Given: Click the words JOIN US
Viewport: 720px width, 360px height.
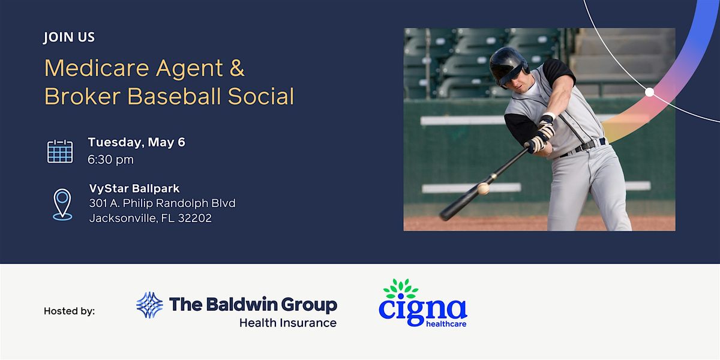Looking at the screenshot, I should click(x=69, y=37).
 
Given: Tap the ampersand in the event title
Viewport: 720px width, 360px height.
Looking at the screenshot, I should click(x=236, y=68).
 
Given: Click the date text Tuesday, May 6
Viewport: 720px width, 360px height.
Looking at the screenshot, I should click(x=136, y=142).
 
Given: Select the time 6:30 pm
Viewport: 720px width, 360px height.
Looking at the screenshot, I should click(x=111, y=160).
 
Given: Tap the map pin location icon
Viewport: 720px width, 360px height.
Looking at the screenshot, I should click(x=62, y=204).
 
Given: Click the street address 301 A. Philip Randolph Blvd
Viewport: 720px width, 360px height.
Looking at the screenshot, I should click(x=162, y=203).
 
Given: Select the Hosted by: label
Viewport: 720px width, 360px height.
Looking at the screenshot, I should click(x=69, y=311).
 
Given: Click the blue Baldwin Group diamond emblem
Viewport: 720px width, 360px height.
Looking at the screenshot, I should click(x=149, y=305).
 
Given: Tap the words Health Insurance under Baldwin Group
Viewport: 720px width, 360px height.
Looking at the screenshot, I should click(x=287, y=323).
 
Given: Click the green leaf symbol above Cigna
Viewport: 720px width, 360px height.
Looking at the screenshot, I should click(x=401, y=289).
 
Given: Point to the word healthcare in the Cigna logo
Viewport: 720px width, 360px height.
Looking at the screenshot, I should click(x=446, y=324).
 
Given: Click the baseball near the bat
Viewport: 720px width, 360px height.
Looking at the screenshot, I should click(x=483, y=188).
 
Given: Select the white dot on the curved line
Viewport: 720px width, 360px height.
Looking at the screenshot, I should click(x=649, y=92).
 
